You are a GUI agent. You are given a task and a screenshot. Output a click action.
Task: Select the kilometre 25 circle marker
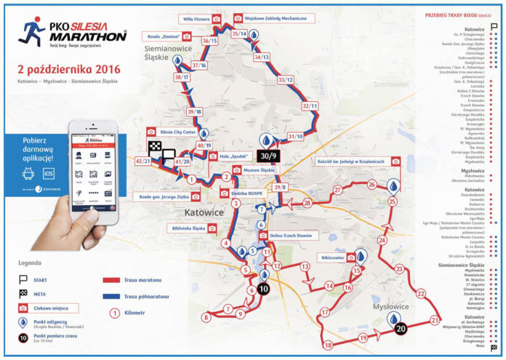(393, 201)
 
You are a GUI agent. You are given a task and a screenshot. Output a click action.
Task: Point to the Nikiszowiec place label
(332, 257)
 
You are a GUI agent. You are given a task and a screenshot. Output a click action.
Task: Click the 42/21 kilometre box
(143, 160)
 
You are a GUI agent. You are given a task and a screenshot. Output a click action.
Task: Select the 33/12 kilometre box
(286, 79)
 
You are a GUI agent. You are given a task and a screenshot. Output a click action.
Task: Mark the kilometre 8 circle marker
(206, 316)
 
